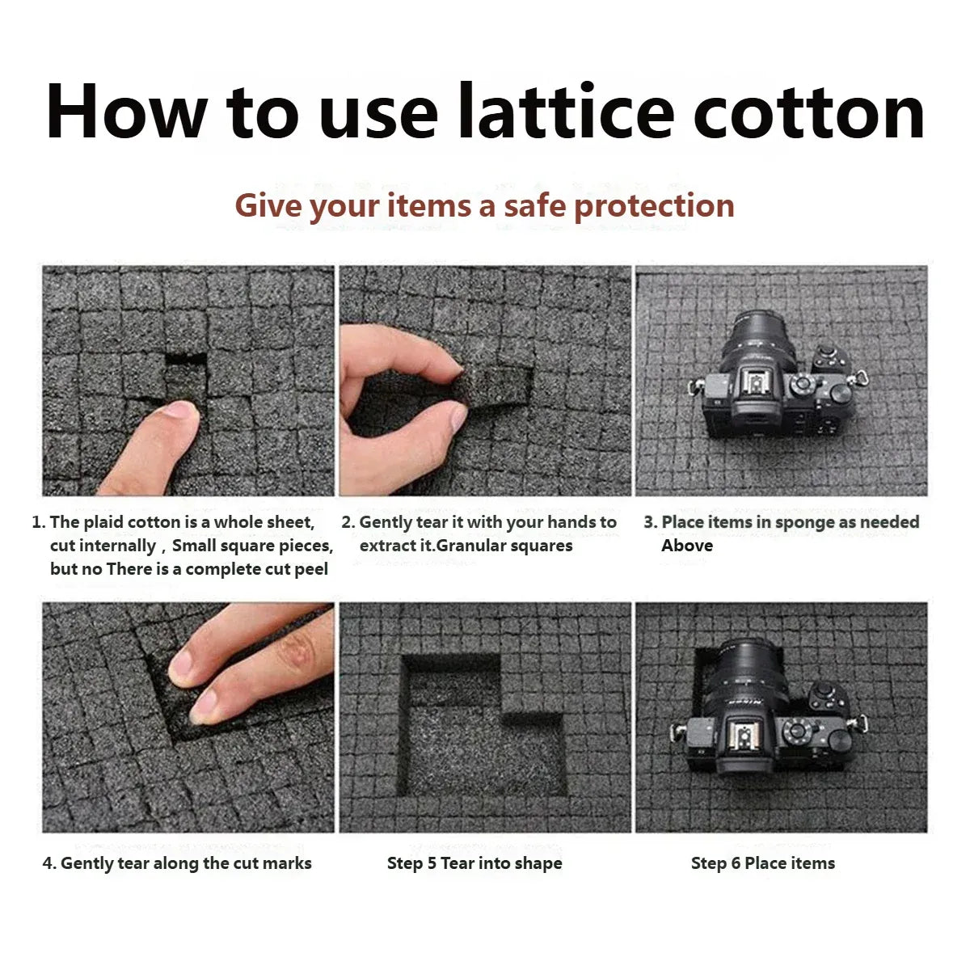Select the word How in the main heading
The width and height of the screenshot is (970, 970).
pos(127,110)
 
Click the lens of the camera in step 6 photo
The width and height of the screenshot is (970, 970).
pos(743,675)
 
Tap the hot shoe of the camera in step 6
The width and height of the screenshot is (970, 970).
pos(744,731)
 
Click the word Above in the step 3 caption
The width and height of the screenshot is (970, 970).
pos(686,546)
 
